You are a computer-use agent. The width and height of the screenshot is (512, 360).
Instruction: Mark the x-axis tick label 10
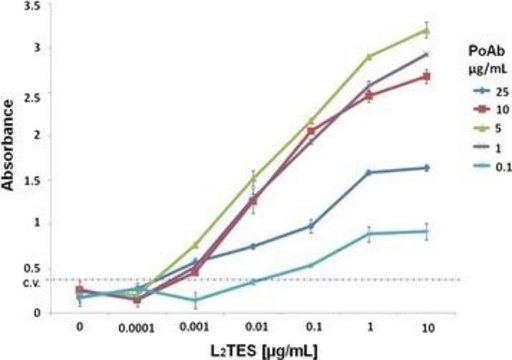[427, 325]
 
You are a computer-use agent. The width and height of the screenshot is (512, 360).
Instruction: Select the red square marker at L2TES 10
[427, 76]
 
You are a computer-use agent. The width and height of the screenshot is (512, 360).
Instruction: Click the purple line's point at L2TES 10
[427, 54]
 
